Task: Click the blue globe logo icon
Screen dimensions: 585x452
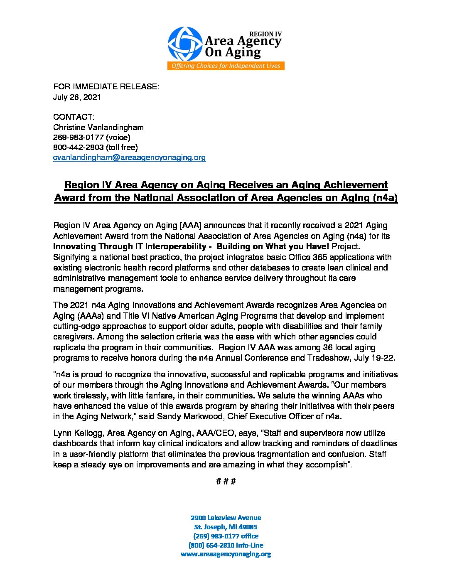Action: pyautogui.click(x=185, y=44)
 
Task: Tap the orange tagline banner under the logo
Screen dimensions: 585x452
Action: pyautogui.click(x=226, y=66)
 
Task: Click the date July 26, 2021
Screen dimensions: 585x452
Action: pyautogui.click(x=77, y=97)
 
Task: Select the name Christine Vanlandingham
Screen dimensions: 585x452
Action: pyautogui.click(x=98, y=127)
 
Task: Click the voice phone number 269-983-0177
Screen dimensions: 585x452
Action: pyautogui.click(x=79, y=137)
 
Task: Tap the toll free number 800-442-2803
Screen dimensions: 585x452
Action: pyautogui.click(x=79, y=147)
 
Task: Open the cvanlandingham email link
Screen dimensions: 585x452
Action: pyautogui.click(x=129, y=157)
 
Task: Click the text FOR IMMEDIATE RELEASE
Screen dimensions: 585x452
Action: pyautogui.click(x=106, y=87)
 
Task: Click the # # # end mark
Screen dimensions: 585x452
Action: pyautogui.click(x=226, y=482)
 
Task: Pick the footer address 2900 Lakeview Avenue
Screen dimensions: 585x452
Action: pyautogui.click(x=226, y=518)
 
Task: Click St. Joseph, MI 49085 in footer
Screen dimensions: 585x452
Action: pyautogui.click(x=226, y=527)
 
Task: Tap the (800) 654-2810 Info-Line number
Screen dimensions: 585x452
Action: pyautogui.click(x=226, y=545)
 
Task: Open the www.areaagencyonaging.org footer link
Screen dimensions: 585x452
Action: pyautogui.click(x=226, y=554)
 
